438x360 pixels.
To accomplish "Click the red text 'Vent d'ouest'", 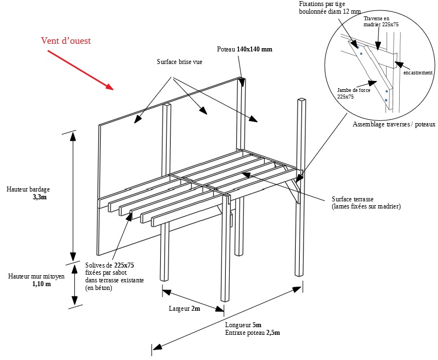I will tap(66, 41).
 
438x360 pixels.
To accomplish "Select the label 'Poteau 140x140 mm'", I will tap(244, 49).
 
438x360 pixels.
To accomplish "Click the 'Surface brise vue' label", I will tap(179, 62).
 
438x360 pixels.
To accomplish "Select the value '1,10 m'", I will tap(42, 284).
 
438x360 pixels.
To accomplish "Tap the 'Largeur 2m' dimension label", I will tap(184, 309).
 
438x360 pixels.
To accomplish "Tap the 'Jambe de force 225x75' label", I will tap(354, 93).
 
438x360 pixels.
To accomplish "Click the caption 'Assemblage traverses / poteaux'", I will tap(394, 124).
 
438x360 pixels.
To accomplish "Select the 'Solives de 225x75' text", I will tap(110, 265).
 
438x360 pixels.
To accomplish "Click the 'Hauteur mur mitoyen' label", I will tap(36, 276).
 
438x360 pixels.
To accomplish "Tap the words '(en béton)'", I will tap(99, 288).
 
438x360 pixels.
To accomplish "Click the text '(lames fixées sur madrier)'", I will tap(366, 206).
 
